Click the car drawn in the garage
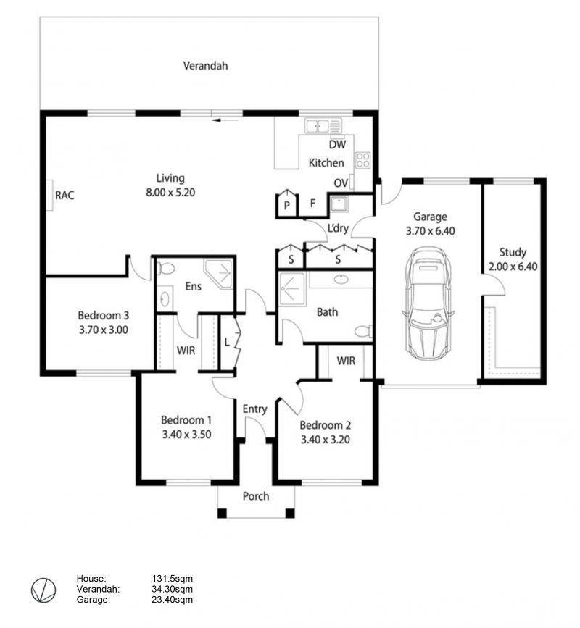428,304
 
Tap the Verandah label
206,66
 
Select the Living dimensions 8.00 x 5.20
170,193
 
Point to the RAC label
65,195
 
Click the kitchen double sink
323,126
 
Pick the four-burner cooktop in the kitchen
363,160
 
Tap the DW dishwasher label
337,144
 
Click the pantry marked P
286,204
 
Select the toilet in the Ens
165,268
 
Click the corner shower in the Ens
219,274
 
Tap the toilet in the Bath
363,331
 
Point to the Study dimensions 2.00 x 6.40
513,267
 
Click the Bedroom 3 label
104,316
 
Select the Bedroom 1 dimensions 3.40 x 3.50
186,435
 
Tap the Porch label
256,496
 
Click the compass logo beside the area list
43,590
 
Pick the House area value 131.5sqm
173,579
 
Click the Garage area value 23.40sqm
173,600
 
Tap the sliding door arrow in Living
225,120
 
